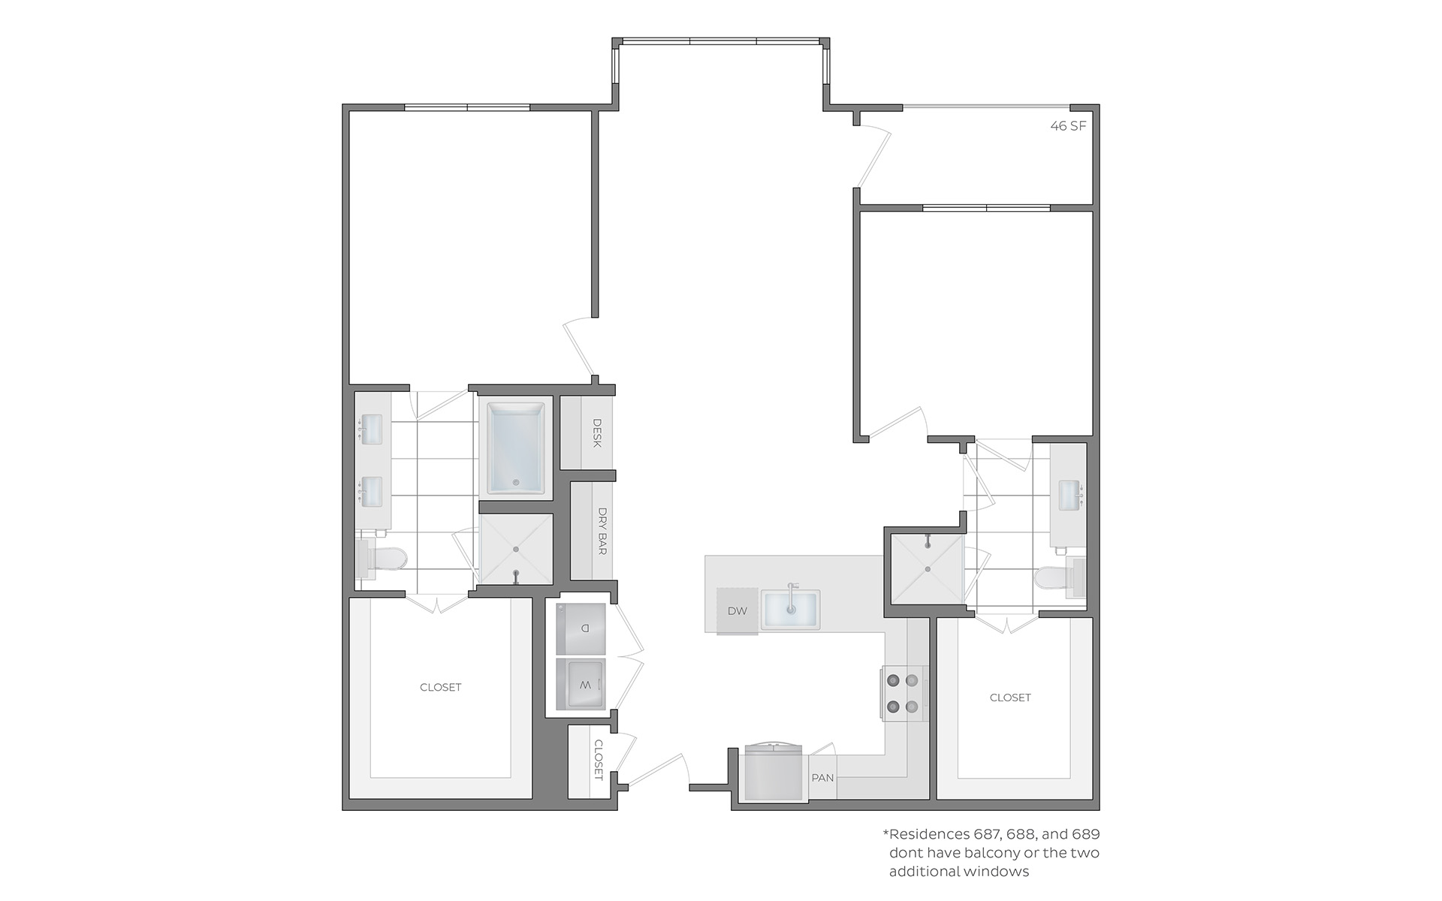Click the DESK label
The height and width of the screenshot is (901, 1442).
tap(598, 433)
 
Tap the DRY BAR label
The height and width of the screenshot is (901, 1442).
tap(602, 531)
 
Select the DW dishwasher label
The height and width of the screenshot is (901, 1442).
tap(738, 611)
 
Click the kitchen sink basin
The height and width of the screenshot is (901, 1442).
tap(791, 610)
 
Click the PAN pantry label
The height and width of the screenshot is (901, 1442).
tap(822, 778)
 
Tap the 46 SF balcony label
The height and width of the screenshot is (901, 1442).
tap(1068, 126)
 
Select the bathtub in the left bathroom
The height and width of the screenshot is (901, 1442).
tap(517, 449)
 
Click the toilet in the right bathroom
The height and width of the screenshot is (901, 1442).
tap(1059, 578)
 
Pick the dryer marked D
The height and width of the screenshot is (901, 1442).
tap(581, 628)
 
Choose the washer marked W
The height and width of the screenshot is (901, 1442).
tap(581, 684)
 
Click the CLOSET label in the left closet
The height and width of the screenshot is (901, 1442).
tap(441, 687)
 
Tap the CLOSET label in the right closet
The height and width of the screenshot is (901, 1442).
tap(1010, 698)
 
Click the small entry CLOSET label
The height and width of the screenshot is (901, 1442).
tap(599, 760)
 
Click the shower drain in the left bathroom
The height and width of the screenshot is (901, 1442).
tap(516, 550)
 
